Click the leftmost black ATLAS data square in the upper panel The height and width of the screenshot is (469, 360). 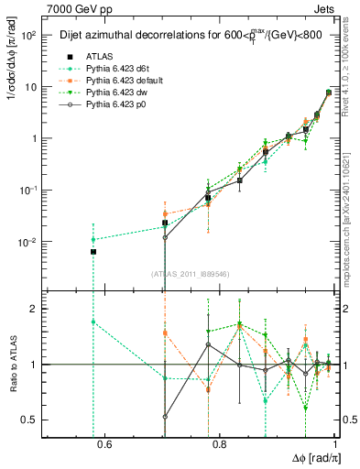(x=93, y=251)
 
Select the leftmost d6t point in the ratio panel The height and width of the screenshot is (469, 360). (x=93, y=322)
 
